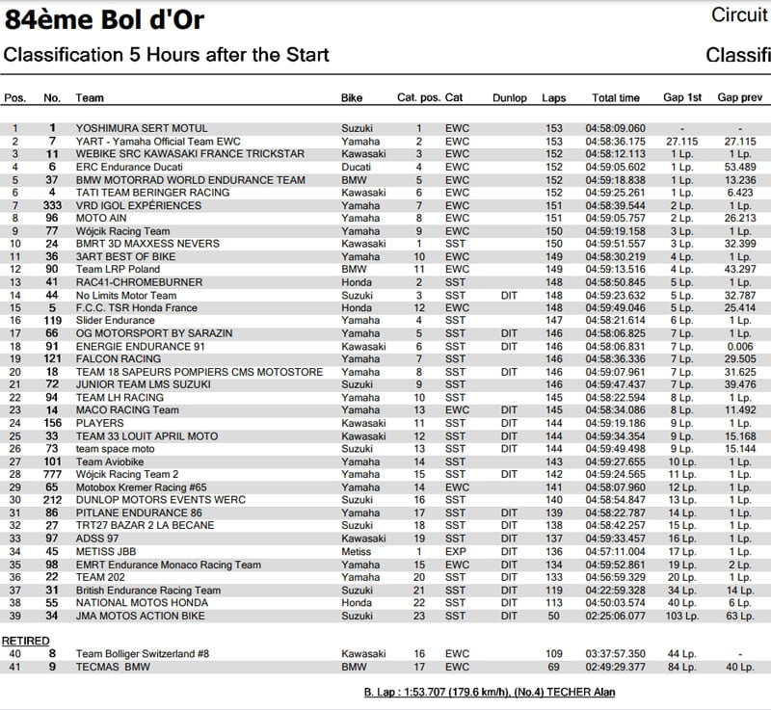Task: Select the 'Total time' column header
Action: point(615,98)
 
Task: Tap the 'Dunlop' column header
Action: point(509,98)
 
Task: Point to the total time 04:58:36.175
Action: point(615,142)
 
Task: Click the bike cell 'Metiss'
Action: point(356,552)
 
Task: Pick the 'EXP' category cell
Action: point(455,552)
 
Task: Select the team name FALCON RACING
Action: point(106,359)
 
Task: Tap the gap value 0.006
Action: point(739,347)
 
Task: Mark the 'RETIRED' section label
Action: point(25,641)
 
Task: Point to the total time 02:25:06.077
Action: point(615,616)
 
